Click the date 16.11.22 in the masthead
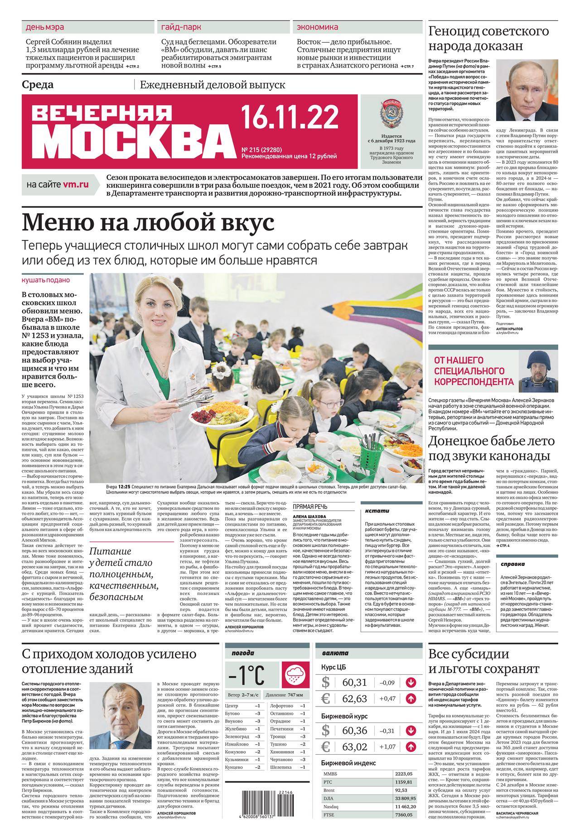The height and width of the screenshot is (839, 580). [290, 118]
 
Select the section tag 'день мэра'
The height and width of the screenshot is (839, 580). [44, 27]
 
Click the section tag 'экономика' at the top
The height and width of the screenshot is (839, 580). [317, 27]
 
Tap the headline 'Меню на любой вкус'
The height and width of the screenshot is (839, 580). [148, 223]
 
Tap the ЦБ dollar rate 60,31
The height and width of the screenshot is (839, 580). [354, 682]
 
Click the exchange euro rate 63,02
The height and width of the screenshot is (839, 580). [354, 746]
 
